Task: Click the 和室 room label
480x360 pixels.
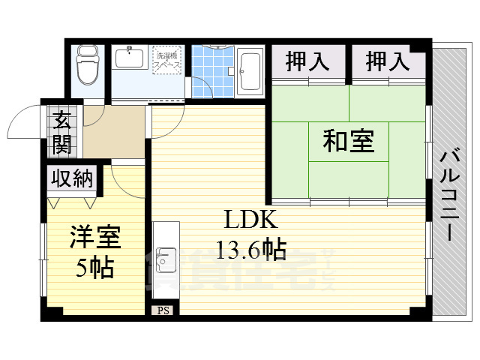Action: click(x=349, y=140)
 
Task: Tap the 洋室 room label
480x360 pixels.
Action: click(x=94, y=238)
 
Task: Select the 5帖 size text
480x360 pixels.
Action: click(x=95, y=267)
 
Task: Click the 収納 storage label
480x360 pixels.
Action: click(x=73, y=178)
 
